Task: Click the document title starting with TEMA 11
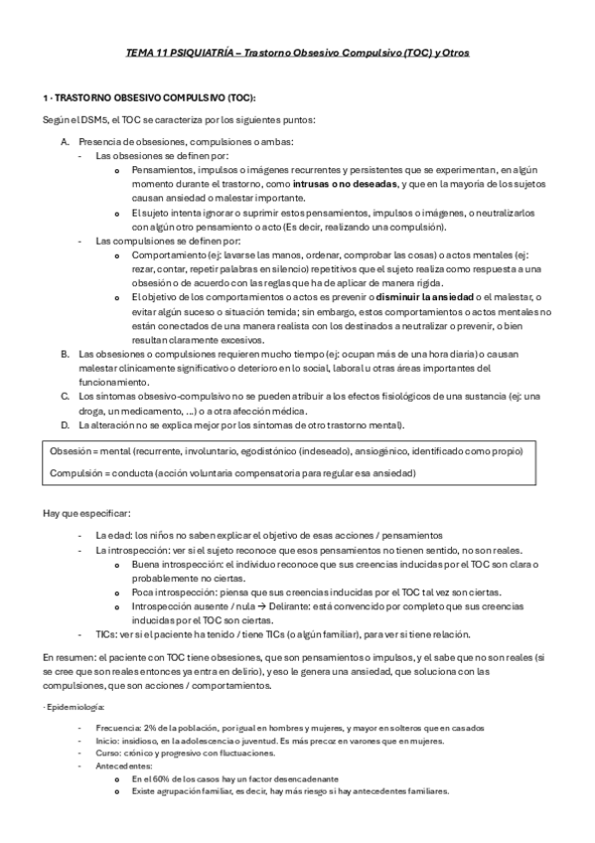click(x=297, y=52)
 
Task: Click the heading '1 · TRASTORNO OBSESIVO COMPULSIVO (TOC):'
click(x=149, y=98)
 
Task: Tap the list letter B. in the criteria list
click(x=65, y=354)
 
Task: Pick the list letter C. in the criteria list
click(x=65, y=397)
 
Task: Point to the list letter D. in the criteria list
click(x=65, y=425)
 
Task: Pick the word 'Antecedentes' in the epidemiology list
click(x=123, y=766)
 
